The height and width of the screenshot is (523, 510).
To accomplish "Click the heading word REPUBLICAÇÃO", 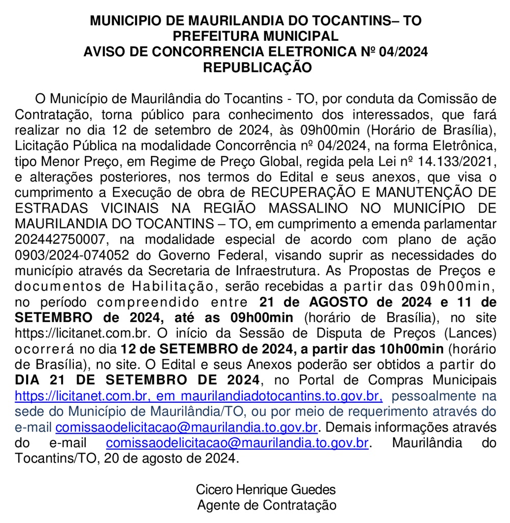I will pos(257,67).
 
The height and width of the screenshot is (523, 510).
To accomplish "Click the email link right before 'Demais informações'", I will pos(187,427).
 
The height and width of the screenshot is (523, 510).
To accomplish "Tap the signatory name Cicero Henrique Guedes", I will pos(266,489).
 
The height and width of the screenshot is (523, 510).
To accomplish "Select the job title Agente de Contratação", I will pos(266,505).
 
